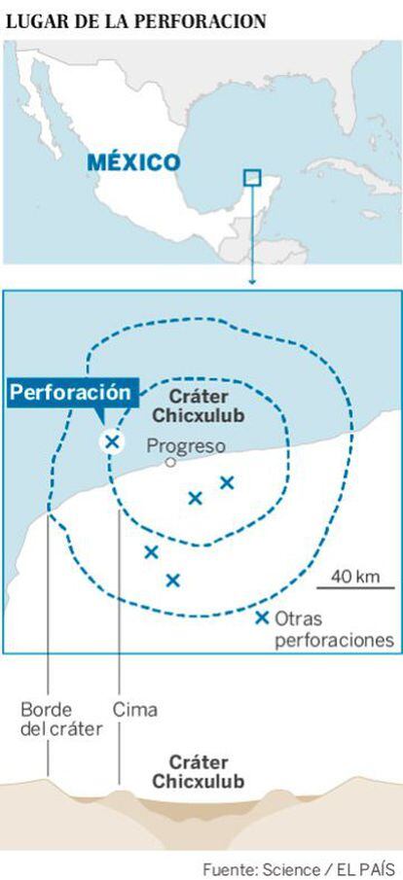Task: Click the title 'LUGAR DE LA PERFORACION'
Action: [136, 21]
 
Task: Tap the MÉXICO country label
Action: [133, 163]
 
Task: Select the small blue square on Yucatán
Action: [252, 177]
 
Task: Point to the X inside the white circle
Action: [112, 441]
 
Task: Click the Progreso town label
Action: [186, 446]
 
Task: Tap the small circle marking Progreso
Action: [170, 463]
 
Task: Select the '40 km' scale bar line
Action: [355, 587]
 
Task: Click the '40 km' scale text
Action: [355, 576]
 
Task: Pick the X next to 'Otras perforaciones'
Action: [261, 618]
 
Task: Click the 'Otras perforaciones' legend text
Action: [334, 630]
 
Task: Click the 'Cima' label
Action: [135, 710]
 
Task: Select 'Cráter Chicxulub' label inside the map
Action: [199, 406]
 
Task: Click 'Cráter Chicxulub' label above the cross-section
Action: [199, 772]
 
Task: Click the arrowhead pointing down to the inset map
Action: [252, 282]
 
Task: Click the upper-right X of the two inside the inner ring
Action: [227, 482]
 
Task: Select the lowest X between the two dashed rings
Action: [173, 581]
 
